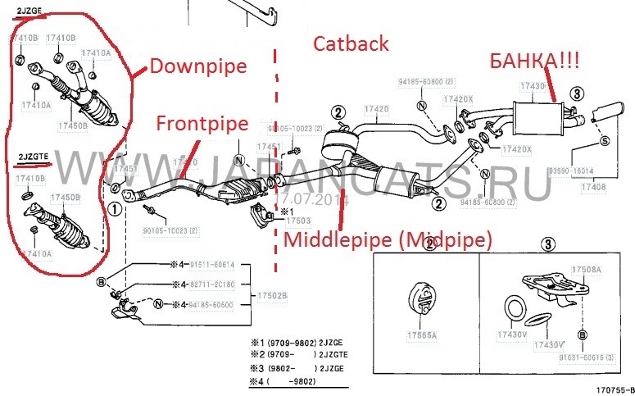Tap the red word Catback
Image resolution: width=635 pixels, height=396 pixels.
351,44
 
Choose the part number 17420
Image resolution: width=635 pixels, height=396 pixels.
376,109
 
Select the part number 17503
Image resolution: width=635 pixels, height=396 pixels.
298,221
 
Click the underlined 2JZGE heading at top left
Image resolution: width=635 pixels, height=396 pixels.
29,11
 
